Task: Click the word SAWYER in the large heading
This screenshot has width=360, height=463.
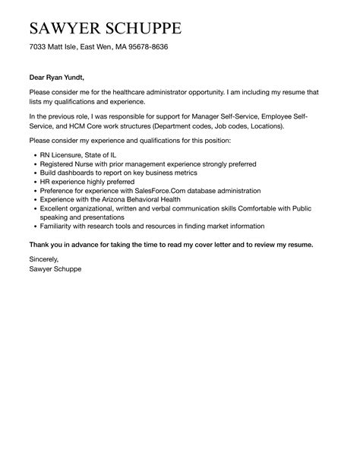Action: pos(64,29)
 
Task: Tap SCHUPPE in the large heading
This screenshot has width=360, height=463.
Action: pos(144,29)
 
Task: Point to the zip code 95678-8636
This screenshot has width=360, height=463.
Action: pos(147,47)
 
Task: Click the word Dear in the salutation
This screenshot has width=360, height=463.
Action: pos(38,77)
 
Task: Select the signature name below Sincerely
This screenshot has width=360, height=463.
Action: pos(56,268)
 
